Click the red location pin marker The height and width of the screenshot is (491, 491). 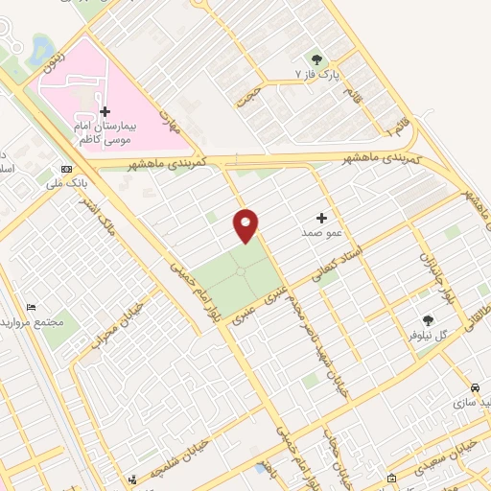pos(245,225)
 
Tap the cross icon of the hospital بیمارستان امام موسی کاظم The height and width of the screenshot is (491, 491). pos(105,112)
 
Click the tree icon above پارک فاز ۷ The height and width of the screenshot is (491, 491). pos(317,59)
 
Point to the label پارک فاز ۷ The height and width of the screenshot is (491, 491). pos(317,75)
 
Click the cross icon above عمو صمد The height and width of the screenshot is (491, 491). pos(321,219)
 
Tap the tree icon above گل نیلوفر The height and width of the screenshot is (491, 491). pos(429,321)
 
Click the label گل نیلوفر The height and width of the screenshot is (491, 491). pos(429,336)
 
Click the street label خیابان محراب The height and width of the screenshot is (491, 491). pos(101,326)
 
